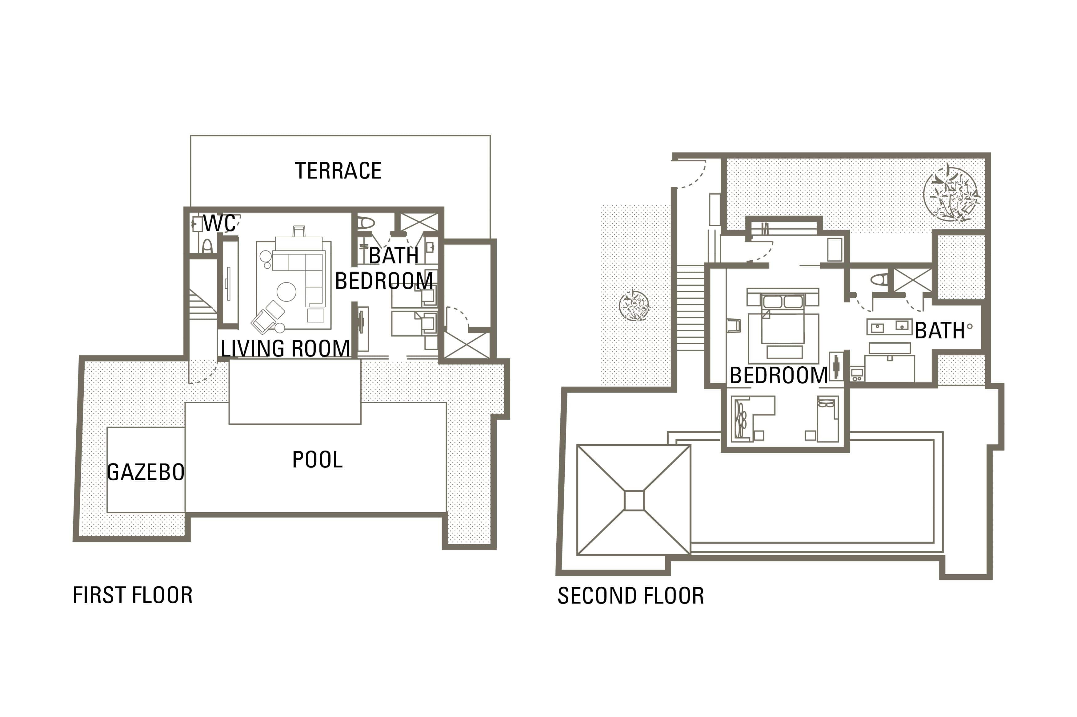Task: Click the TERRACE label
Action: coord(338,171)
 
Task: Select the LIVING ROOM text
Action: coord(285,349)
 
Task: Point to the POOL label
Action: coord(317,459)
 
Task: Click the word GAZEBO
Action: coord(146,472)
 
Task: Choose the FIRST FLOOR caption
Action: coord(133,595)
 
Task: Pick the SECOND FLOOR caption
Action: coord(631,596)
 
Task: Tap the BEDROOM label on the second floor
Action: coord(778,376)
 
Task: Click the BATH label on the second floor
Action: coord(940,331)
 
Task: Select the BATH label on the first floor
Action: coord(394,255)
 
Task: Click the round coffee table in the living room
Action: coord(286,292)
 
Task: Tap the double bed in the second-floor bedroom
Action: coord(783,319)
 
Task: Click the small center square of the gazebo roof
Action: coord(634,500)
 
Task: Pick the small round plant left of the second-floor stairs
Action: coord(634,305)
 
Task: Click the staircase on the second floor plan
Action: coord(690,308)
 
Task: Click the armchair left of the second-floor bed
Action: coord(734,325)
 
